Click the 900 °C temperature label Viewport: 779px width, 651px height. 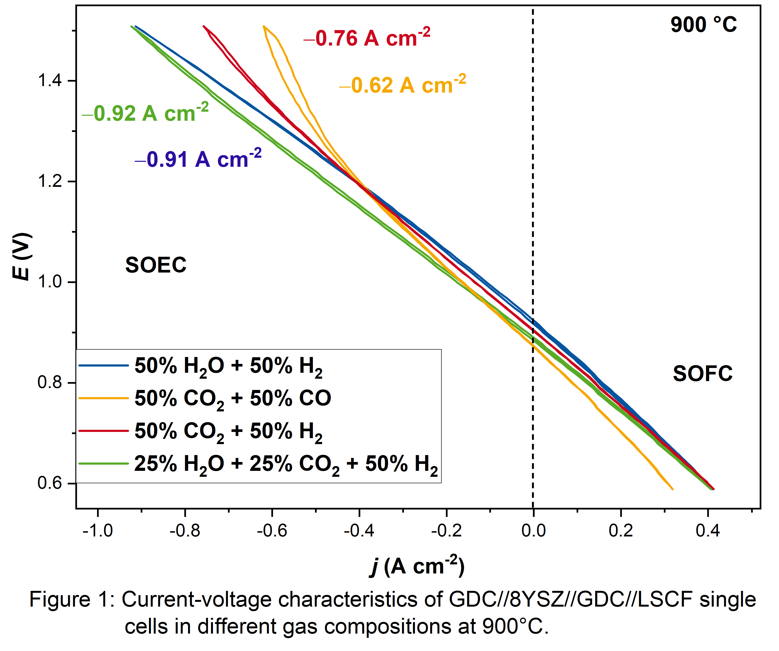click(703, 25)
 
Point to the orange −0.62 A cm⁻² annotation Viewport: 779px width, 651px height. click(402, 85)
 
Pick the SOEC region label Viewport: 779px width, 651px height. click(156, 265)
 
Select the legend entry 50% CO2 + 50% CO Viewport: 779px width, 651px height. click(232, 399)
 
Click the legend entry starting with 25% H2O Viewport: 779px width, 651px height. click(286, 464)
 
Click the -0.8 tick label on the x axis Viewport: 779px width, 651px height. click(185, 531)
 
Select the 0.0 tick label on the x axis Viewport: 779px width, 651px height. click(533, 531)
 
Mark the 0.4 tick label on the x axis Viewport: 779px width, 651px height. click(707, 531)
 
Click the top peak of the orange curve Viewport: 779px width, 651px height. click(263, 26)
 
